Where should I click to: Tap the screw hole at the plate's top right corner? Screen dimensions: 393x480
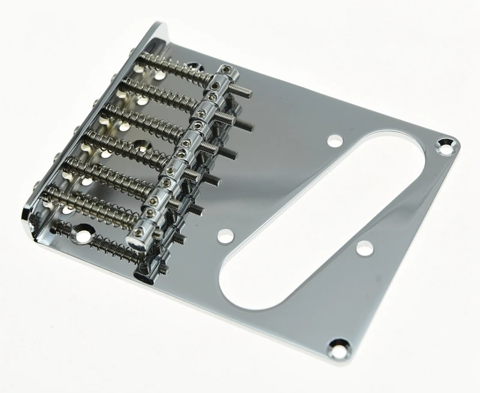(x=445, y=143)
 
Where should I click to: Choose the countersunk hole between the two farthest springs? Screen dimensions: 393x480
(x=199, y=66)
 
